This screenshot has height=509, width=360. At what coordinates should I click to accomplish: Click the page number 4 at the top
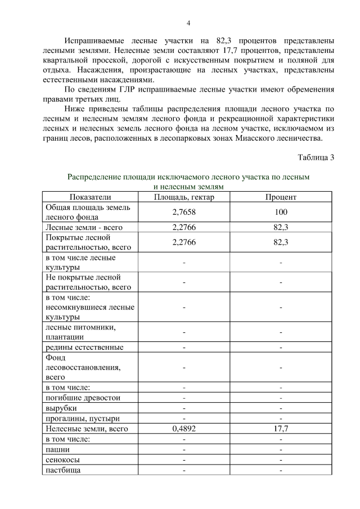(x=188, y=22)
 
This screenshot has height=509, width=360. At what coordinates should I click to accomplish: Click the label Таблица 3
(x=316, y=157)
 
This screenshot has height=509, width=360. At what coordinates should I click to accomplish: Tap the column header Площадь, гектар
(x=184, y=197)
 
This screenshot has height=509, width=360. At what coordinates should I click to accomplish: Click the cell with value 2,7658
(x=184, y=212)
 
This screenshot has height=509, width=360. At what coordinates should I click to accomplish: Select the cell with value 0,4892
(x=184, y=429)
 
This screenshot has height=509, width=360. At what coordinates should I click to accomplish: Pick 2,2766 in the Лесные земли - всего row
(x=184, y=227)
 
